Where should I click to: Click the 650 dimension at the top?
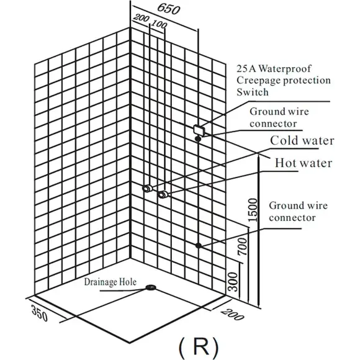[169, 9]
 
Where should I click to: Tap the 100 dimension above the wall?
[160, 24]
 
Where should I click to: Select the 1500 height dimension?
[253, 210]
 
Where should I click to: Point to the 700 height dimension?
[242, 246]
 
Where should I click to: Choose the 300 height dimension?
[233, 282]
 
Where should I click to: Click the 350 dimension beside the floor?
[39, 313]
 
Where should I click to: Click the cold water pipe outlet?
[147, 188]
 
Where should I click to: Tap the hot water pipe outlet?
[163, 194]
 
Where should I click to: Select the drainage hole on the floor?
[151, 287]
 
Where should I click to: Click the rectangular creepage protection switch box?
[199, 130]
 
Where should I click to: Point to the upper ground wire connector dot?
[198, 138]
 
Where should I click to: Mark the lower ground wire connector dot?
[199, 245]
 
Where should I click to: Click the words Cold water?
[302, 140]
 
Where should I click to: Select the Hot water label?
[304, 163]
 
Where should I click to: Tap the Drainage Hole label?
[110, 282]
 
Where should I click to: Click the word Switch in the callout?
[253, 92]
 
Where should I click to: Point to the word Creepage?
[258, 81]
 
